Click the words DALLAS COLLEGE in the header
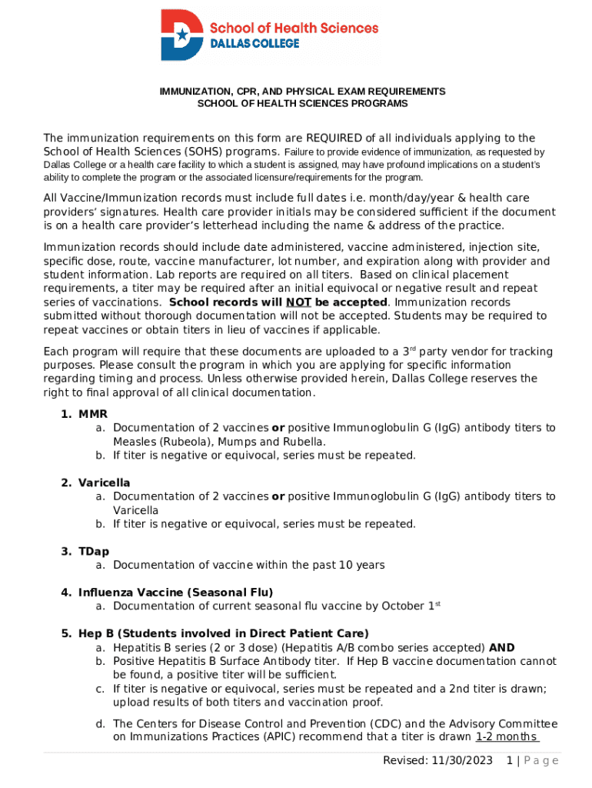coord(254,44)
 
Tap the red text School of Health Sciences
coord(294,28)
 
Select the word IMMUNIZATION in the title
coord(193,92)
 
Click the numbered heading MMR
coord(92,414)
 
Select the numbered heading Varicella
coord(104,482)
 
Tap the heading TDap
coord(94,551)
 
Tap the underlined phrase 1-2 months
coord(507,736)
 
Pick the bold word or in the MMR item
coord(278,428)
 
